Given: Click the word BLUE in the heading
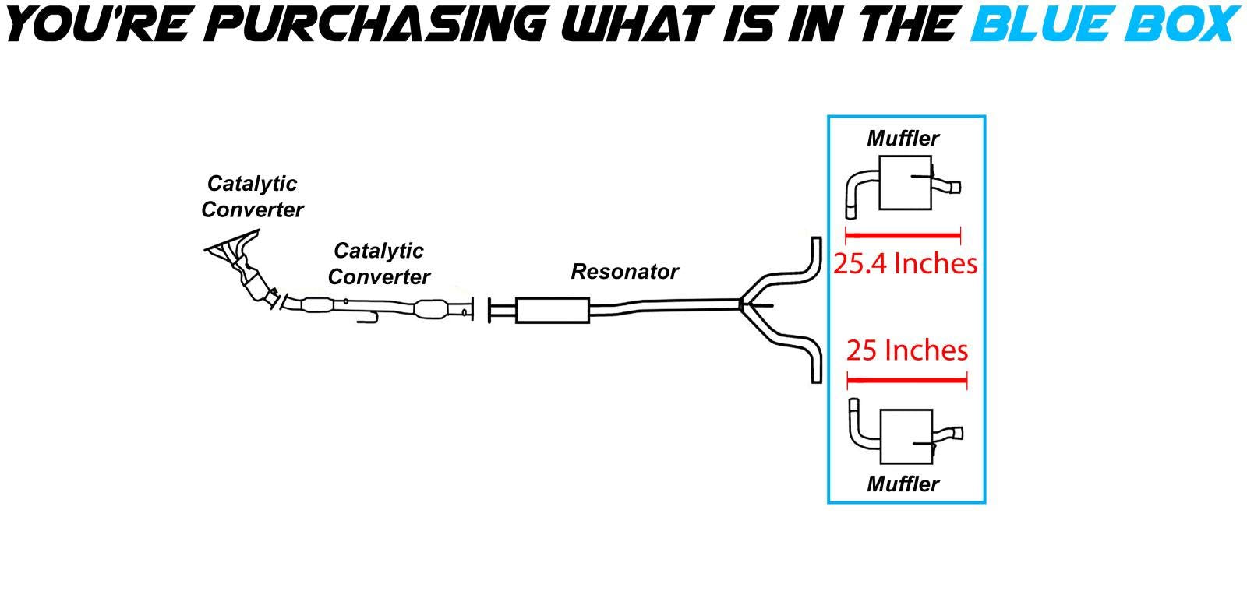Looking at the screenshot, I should pos(1040,23).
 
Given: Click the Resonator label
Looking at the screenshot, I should pos(624,272).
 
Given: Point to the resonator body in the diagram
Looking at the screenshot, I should pos(552,310).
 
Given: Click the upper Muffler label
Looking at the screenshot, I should pos(903,139).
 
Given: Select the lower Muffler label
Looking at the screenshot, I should pos(903,484).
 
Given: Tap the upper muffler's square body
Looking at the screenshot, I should pos(904,183).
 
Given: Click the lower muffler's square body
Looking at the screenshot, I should pos(906,433).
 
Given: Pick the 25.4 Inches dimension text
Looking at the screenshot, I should pos(905,264).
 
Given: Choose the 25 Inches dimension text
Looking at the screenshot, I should pos(907,350).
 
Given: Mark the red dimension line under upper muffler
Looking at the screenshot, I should pos(903,234).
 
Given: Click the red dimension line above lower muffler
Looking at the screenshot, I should pos(906,381).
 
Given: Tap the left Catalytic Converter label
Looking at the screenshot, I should pos(252,196).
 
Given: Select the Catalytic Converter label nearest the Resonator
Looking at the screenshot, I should pos(379,263).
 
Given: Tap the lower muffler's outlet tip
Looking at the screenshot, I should pos(956,434).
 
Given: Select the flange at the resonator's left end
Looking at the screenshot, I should pos(490,310).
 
